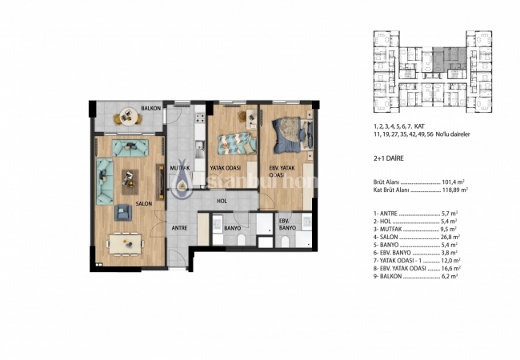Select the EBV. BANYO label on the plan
point(287,223)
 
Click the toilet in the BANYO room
point(218,238)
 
